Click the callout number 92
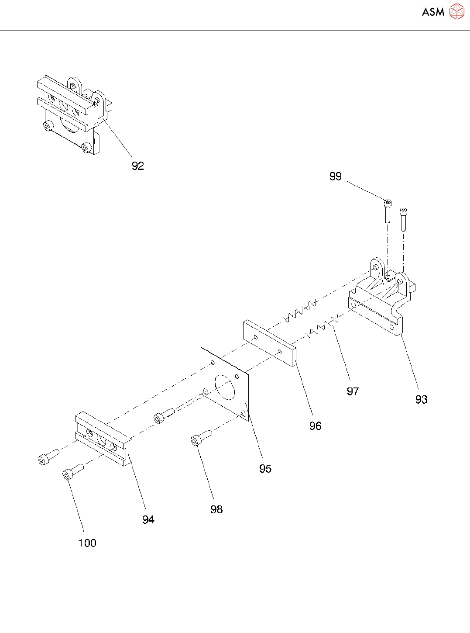[138, 166]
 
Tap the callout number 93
[421, 399]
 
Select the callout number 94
[148, 519]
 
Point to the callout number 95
[265, 468]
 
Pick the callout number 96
[315, 426]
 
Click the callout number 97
[353, 391]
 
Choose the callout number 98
[216, 509]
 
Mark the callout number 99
[335, 176]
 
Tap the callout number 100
[87, 543]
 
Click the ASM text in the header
[433, 12]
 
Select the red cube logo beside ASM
[457, 12]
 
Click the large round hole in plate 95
[225, 387]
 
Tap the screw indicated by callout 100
[72, 472]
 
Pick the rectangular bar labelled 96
[270, 343]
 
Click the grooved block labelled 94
[103, 438]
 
